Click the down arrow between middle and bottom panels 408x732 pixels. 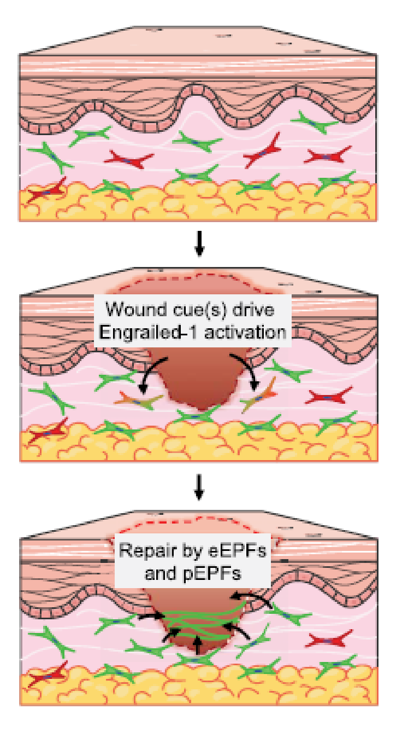[x=199, y=489]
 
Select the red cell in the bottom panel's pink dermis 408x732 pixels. [x=328, y=640]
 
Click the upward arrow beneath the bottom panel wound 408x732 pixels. [x=197, y=644]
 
